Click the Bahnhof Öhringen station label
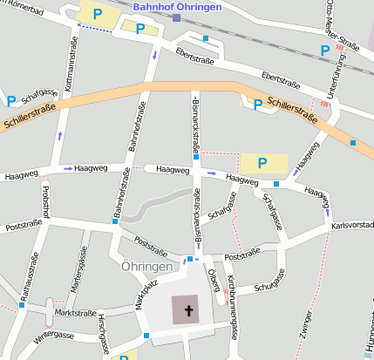pos(176,6)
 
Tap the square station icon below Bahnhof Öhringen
pos(177,17)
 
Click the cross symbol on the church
pos(187,308)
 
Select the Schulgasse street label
pos(269,281)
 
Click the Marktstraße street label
pos(75,313)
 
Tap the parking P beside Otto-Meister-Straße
pos(325,51)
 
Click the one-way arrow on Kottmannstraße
pos(60,135)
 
